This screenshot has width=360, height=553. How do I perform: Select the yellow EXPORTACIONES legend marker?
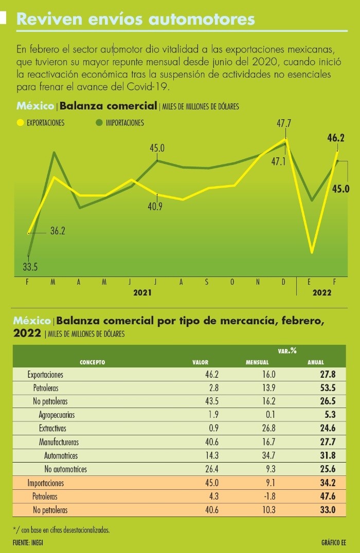tap(21, 123)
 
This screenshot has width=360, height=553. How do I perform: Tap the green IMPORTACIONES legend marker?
tap(99, 123)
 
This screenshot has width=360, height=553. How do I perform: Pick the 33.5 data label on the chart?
tap(30, 267)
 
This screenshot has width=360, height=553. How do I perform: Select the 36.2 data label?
tap(58, 231)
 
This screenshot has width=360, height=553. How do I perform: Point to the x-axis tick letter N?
tap(258, 282)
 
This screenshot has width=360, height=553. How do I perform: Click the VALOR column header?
tap(201, 362)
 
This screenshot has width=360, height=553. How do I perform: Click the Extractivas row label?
tap(52, 428)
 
